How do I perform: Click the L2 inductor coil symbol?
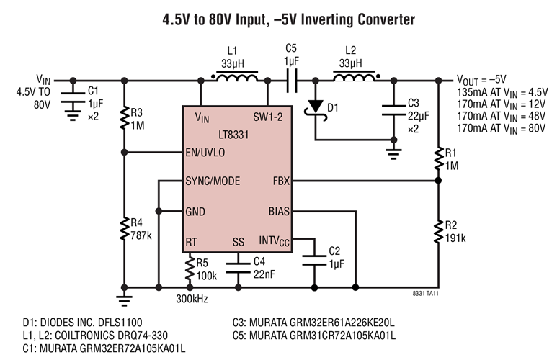352,78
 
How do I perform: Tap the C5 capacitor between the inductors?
291,81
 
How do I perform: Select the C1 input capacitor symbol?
72,98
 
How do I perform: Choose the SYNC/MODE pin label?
213,181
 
